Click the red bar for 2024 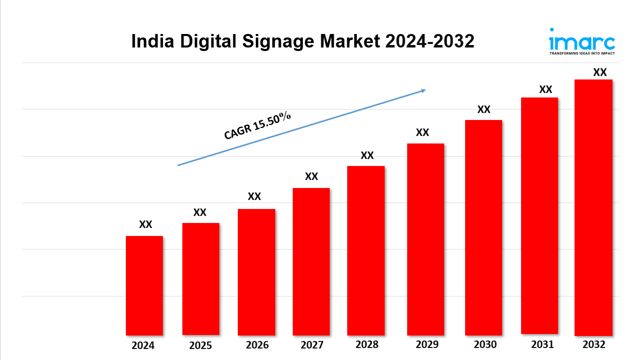pos(144,285)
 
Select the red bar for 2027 pos(311,261)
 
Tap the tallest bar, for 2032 pos(594,207)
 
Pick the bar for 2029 pos(426,239)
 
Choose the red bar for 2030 pos(484,227)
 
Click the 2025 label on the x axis pos(200,345)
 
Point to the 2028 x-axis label pos(367,344)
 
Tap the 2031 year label pos(542,344)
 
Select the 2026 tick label pos(257,345)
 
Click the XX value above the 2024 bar pos(145,224)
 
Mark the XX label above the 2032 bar pos(600,72)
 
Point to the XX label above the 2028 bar pos(367,155)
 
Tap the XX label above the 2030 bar pos(484,109)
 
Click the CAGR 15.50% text pos(257,125)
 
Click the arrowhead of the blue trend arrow pos(423,90)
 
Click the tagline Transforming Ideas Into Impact pos(582,53)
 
